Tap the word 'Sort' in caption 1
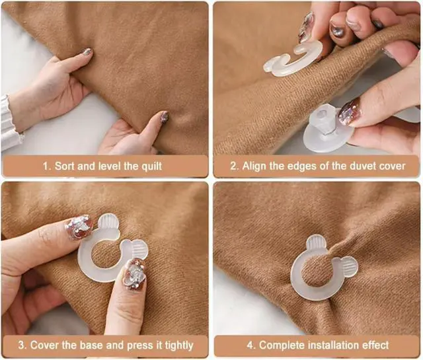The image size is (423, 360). [x=65, y=166]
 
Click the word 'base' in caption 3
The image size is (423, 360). [x=92, y=345]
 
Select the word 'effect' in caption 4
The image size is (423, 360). [x=375, y=345]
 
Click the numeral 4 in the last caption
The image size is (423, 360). [x=250, y=345]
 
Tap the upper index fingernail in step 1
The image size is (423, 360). [x=87, y=52]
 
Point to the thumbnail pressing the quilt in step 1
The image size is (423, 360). [x=163, y=118]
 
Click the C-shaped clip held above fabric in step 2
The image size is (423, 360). [x=293, y=60]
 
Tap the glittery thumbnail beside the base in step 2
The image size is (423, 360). [x=350, y=112]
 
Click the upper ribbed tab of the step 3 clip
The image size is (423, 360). [x=108, y=223]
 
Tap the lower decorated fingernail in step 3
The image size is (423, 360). [x=134, y=273]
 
